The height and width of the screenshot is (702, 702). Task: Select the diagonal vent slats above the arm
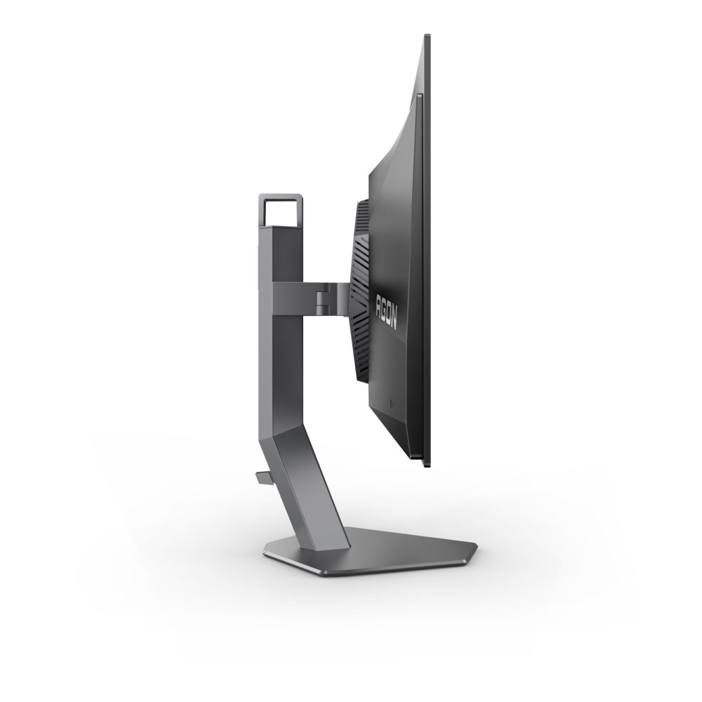click(362, 246)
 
